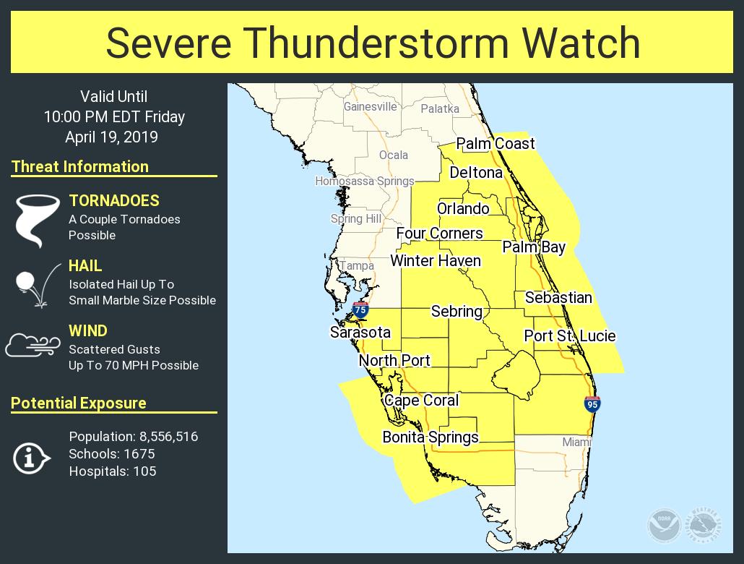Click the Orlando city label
[463, 209]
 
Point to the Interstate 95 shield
[592, 404]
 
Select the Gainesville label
[370, 106]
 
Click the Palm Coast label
[496, 144]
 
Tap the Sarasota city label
[360, 333]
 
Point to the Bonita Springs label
[431, 437]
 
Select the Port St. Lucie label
[570, 336]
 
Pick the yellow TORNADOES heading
[114, 201]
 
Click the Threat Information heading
[80, 167]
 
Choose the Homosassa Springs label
[365, 181]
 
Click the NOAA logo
[663, 524]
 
